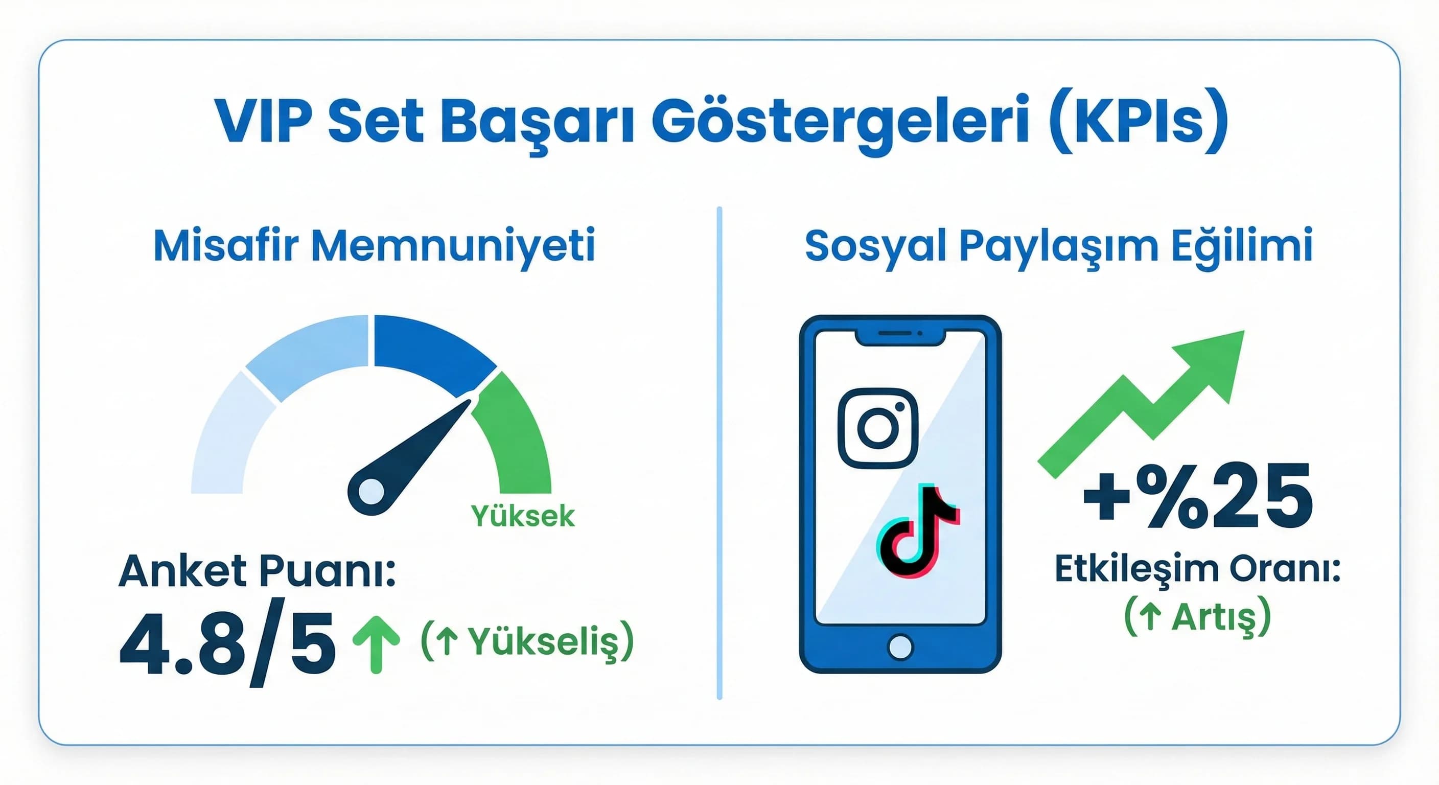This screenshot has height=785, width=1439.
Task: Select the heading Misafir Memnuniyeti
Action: tap(374, 246)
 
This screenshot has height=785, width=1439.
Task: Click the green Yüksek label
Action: tap(522, 516)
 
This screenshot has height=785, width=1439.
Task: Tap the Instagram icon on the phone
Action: tap(877, 428)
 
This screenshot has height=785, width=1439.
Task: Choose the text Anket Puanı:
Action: tap(258, 571)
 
